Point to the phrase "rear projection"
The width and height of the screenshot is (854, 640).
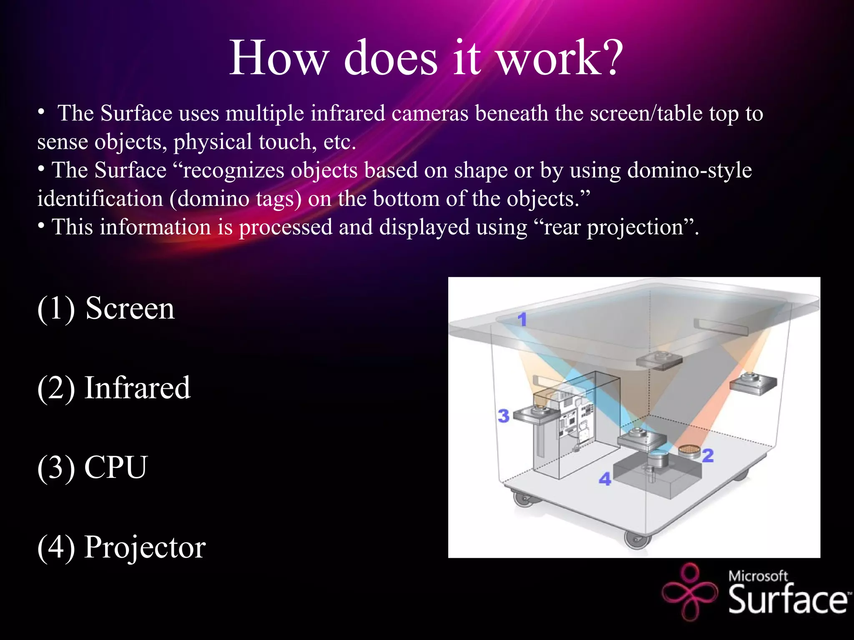click(x=613, y=227)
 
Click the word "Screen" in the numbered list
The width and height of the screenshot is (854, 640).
click(x=130, y=308)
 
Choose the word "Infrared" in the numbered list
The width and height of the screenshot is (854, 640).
click(x=138, y=388)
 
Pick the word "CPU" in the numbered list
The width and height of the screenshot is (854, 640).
click(x=116, y=467)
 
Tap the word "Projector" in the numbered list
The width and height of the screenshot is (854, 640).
click(x=145, y=547)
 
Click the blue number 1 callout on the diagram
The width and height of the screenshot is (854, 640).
click(x=522, y=320)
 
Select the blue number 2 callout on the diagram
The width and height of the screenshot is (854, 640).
click(x=708, y=455)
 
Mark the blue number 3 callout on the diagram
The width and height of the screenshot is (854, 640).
click(x=503, y=415)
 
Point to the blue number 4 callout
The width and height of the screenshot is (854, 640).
click(x=605, y=479)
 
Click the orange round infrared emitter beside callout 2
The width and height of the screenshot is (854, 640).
click(x=689, y=450)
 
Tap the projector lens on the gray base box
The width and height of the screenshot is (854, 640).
click(x=658, y=457)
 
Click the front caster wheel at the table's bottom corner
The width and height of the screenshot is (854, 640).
click(x=637, y=540)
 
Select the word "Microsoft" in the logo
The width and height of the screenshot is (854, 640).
click(x=758, y=576)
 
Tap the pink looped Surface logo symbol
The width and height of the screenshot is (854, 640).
click(x=690, y=592)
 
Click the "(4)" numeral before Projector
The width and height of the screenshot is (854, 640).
click(x=56, y=547)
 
